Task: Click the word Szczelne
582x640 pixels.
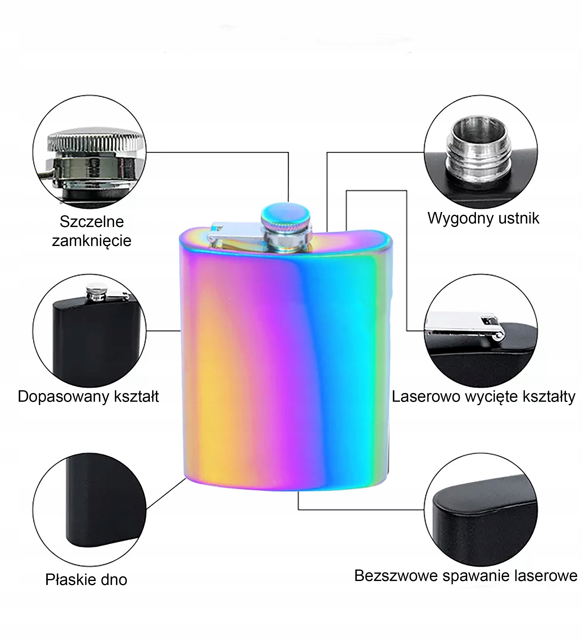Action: pos(92,221)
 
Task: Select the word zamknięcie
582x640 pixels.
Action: pos(92,241)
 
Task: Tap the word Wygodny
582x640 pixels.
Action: pos(455,218)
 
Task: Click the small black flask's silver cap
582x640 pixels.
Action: pos(97,291)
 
